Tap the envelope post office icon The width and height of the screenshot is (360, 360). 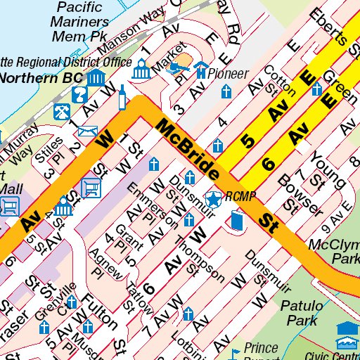(88, 131)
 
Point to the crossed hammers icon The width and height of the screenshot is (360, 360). (62, 110)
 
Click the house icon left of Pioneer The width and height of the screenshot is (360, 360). (202, 70)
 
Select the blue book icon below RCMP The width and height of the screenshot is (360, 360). (236, 223)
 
